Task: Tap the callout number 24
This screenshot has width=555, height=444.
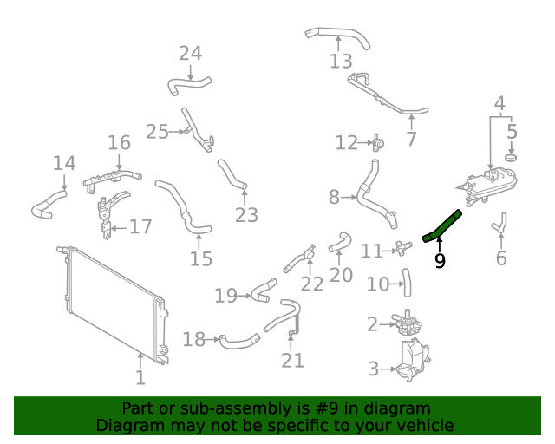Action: [x=190, y=54]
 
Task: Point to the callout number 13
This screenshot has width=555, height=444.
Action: [x=341, y=62]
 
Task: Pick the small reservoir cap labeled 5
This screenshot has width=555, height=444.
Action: [x=511, y=158]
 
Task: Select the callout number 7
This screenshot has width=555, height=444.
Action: [x=411, y=139]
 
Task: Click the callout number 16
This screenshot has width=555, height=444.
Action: [x=119, y=143]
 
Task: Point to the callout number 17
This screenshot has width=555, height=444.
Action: [x=140, y=227]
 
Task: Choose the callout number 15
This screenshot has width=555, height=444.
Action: [x=201, y=258]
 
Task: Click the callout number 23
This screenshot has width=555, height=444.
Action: [x=247, y=214]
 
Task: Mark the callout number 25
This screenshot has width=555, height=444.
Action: [x=157, y=132]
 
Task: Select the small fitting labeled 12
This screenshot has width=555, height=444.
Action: [x=378, y=141]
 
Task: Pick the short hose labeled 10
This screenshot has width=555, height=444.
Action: [x=405, y=277]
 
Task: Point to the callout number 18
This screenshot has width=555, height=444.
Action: [x=193, y=339]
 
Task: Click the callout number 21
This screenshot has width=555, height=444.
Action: [x=293, y=359]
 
